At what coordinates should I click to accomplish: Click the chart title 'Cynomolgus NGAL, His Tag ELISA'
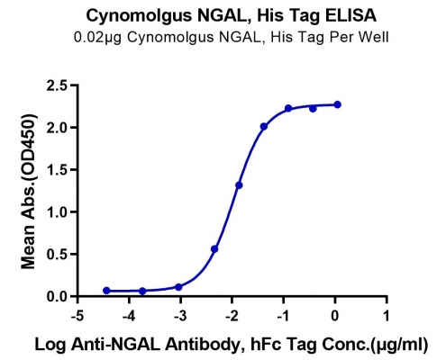232,15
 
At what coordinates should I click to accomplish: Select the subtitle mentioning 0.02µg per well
232,38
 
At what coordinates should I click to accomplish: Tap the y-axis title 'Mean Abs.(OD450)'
28,191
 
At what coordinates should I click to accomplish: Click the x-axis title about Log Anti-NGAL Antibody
232,344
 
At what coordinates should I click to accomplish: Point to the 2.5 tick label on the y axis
57,85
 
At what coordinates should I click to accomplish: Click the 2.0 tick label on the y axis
57,128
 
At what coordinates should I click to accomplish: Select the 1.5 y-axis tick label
57,170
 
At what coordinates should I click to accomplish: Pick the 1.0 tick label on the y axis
57,212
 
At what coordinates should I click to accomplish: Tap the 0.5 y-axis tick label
57,254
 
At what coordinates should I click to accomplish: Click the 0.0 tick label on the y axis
57,296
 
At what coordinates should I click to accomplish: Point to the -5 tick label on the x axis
77,316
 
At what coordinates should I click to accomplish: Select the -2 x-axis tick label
232,316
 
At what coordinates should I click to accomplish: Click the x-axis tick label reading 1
387,316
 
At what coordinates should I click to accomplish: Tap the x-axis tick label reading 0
335,316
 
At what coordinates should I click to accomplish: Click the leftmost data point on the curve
106,291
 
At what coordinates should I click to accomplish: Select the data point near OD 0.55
214,249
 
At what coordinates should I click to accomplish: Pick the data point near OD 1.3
239,185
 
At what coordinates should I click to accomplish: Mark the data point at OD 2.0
264,127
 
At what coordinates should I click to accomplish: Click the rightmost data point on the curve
337,104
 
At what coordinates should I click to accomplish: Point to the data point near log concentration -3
178,287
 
